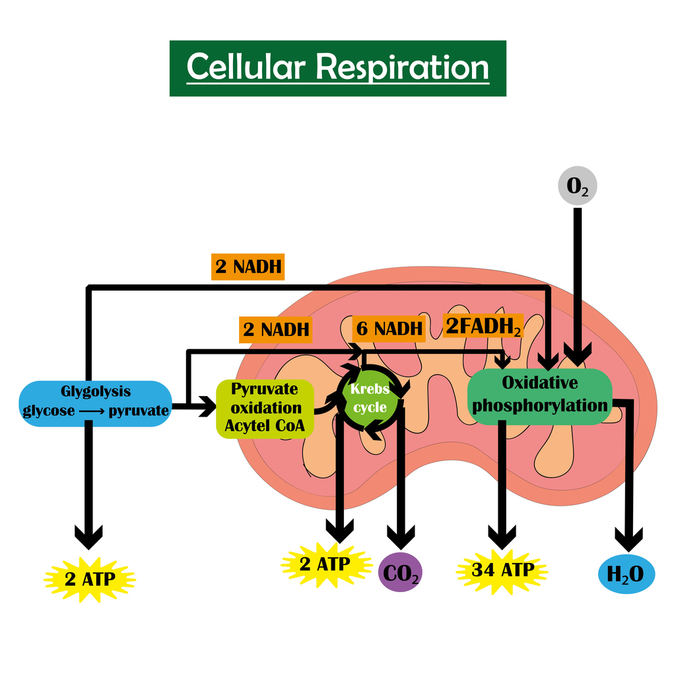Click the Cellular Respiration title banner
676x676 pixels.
337,68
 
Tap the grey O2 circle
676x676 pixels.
577,186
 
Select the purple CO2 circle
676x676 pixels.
400,572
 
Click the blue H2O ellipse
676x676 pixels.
626,574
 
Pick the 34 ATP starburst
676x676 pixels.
502,571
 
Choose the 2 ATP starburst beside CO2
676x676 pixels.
326,564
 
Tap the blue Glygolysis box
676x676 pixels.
95,403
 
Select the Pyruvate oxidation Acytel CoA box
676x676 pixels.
265,408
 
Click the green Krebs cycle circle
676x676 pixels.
370,397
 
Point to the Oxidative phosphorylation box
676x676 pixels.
540,396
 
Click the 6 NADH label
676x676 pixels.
389,329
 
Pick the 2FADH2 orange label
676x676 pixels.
483,326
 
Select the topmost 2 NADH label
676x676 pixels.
248,267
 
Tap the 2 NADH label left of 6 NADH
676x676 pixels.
275,330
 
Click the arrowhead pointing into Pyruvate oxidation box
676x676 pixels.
207,406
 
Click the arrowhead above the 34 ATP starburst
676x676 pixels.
502,537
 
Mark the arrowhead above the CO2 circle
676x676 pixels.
401,537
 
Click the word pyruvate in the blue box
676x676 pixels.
139,411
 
